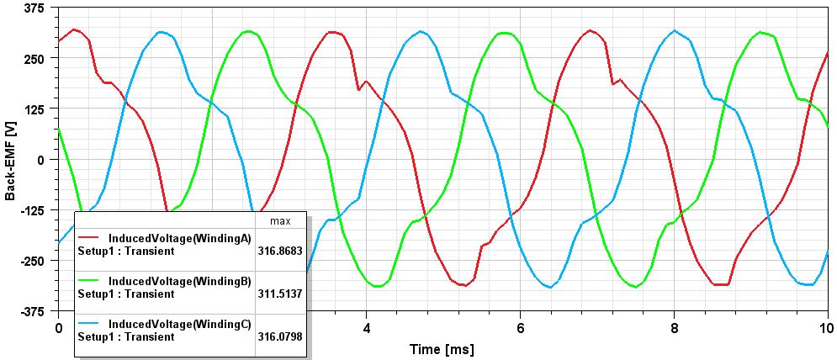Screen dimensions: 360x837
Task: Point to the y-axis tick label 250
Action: (36, 58)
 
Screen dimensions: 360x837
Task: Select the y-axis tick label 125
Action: (36, 109)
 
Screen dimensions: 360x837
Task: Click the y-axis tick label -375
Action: (34, 311)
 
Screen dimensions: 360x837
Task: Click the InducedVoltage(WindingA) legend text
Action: (180, 239)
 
